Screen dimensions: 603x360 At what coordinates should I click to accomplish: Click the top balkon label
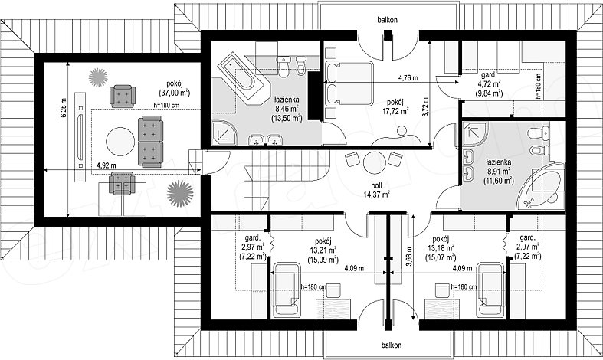387,20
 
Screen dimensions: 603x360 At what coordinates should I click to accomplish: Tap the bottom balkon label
392,345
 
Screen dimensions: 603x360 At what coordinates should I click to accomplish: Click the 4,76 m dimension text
408,77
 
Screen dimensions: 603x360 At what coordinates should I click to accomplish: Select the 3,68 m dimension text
408,256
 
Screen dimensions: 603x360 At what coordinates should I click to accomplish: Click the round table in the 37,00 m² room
121,142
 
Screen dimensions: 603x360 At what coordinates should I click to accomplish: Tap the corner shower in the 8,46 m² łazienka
225,133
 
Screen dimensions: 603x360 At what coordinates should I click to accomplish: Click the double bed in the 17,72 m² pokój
349,83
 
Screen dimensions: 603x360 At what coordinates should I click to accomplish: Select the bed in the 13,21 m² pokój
286,290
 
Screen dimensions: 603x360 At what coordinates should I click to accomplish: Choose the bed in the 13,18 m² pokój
490,290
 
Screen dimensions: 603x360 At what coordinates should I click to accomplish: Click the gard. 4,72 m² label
490,83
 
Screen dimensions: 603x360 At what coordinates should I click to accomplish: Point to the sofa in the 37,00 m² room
150,142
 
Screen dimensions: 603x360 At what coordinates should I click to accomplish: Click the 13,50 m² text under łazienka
286,119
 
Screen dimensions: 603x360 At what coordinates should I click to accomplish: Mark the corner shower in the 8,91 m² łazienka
475,135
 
